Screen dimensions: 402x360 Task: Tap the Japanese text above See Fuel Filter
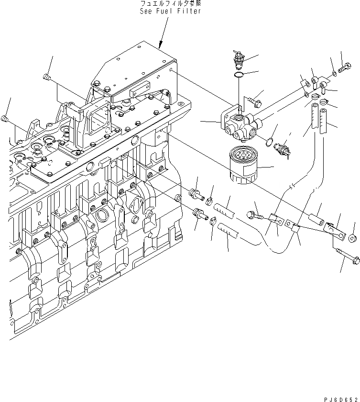pyautogui.click(x=170, y=4)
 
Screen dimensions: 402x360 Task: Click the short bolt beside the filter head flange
pyautogui.click(x=254, y=101)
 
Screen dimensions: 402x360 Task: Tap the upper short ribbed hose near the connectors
pyautogui.click(x=223, y=207)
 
